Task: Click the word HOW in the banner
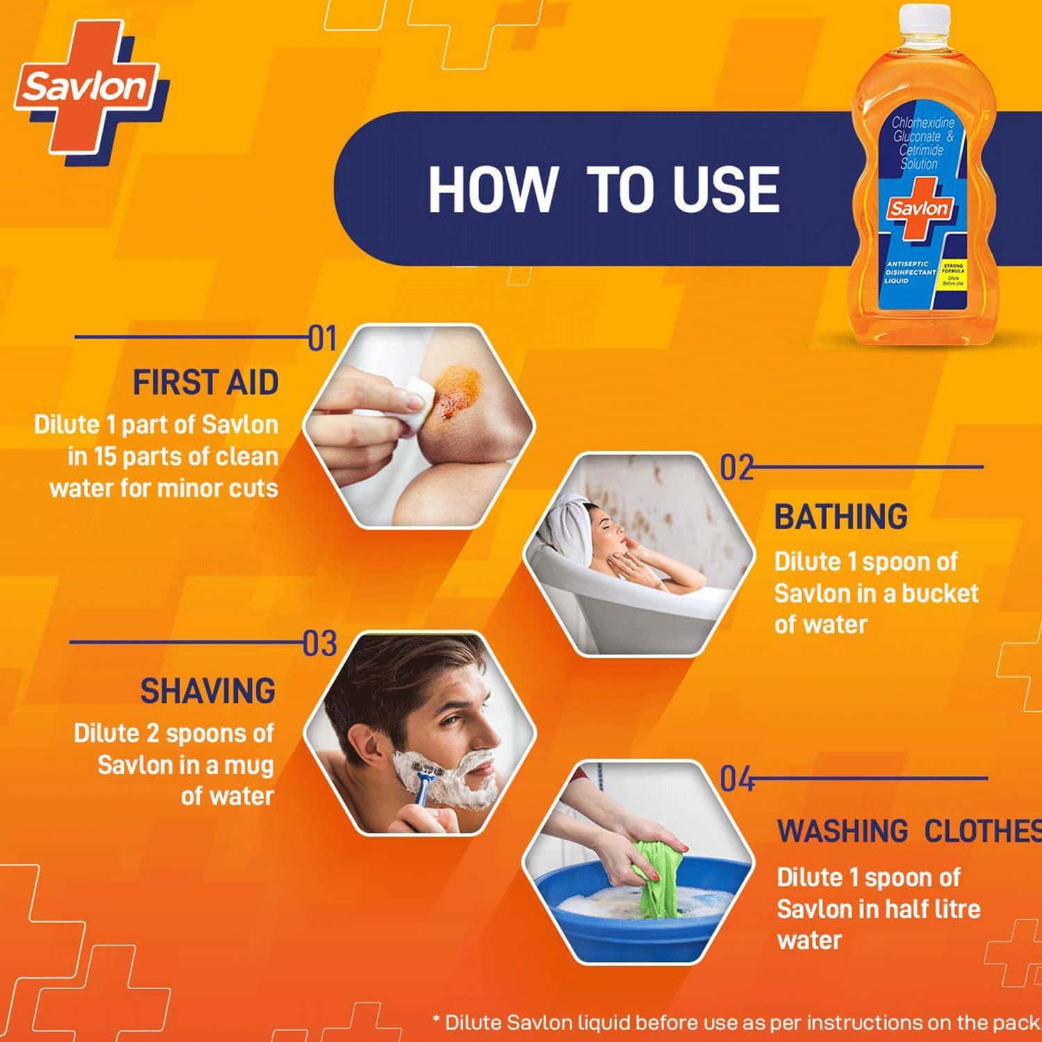tap(491, 189)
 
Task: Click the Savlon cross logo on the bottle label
tap(919, 209)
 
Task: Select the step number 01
tap(322, 339)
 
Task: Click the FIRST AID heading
tap(206, 383)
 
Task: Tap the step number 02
tap(736, 469)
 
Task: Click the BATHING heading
tap(840, 517)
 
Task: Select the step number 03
tap(320, 644)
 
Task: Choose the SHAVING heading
tap(208, 692)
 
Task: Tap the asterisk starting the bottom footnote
tap(436, 1020)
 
